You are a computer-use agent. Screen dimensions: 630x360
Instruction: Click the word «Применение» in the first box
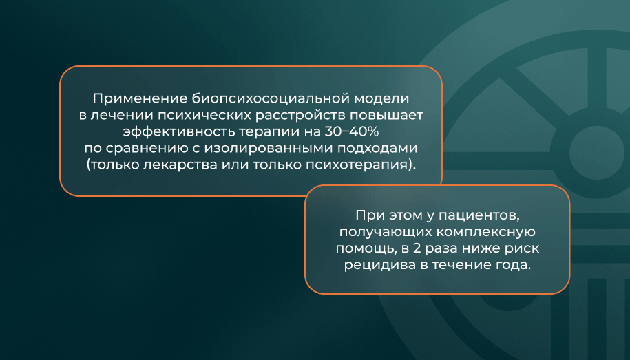pos(140,99)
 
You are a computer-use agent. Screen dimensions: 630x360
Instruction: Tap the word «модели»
pos(384,98)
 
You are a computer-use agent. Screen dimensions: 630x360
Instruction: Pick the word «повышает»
pos(386,116)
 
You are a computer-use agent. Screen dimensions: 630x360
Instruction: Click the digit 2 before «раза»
pos(417,248)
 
